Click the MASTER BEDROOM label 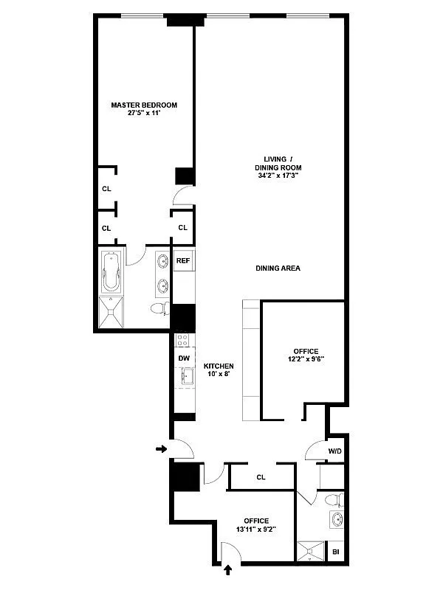click(144, 105)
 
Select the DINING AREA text click(278, 268)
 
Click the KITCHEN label click(219, 367)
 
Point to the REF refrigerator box click(183, 260)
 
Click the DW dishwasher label click(184, 358)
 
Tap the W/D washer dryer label click(334, 451)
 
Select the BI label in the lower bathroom click(336, 552)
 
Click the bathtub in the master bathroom click(111, 271)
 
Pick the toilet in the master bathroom click(158, 308)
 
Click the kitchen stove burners click(184, 341)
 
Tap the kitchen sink click(185, 378)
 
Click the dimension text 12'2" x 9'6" click(303, 360)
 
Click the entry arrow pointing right click(162, 448)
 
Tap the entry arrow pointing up click(228, 569)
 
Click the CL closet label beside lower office click(261, 477)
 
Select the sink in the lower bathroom click(337, 519)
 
